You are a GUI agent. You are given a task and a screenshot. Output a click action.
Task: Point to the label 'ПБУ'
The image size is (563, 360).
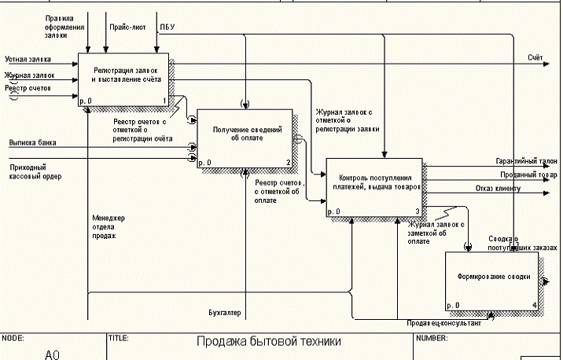pos(167,27)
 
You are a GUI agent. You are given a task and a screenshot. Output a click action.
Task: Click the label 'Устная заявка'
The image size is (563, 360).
pos(28,59)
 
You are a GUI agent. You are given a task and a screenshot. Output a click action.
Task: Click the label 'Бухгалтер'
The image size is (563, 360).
pos(225,314)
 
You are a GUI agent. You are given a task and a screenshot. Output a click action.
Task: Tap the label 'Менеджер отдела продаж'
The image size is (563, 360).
pos(109,226)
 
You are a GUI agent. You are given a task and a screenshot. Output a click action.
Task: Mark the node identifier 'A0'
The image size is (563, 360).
pos(53,354)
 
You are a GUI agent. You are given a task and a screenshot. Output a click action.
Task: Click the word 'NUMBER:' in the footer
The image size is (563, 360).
pos(431,338)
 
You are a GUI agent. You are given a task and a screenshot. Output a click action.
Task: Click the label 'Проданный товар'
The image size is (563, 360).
pos(528,174)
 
